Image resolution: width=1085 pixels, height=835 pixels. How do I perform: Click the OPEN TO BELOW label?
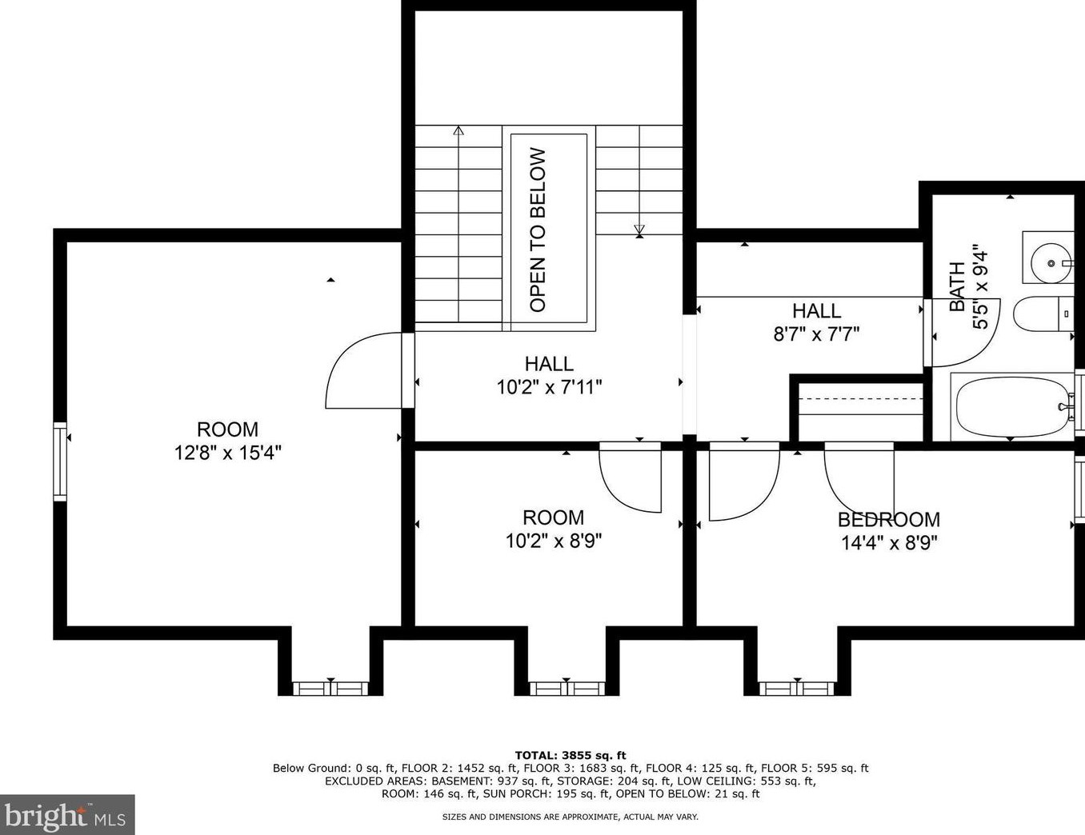pos(538,230)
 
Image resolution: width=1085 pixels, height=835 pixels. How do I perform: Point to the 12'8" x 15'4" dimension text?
pos(227,453)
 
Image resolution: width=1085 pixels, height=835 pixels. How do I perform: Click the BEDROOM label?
pos(888,520)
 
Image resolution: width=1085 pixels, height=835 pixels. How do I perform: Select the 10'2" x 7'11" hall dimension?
pos(549,388)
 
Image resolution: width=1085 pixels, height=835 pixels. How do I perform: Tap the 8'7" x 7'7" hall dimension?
pos(816,334)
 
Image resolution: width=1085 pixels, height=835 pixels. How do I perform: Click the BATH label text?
pos(958,286)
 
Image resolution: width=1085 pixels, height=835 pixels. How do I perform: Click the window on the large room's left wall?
pos(60,463)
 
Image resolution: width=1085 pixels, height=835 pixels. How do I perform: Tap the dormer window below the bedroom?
pos(795,688)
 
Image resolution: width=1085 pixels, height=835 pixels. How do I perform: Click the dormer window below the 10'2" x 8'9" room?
pos(567,688)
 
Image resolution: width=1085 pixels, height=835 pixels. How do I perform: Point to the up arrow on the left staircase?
pos(458,130)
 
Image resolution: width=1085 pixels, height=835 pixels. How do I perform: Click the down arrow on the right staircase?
pos(639,231)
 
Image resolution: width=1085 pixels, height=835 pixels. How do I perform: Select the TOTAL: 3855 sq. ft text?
pos(570,755)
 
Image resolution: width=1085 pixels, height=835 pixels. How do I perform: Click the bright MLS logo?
pos(67,816)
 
